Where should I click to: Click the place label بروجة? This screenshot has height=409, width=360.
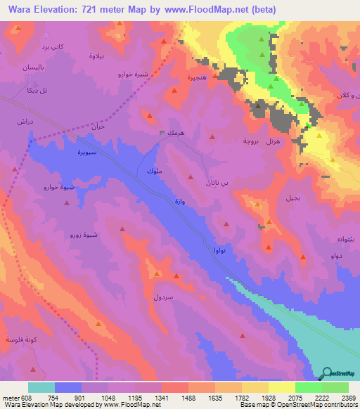(x=252, y=141)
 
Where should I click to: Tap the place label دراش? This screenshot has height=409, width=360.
(x=26, y=121)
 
